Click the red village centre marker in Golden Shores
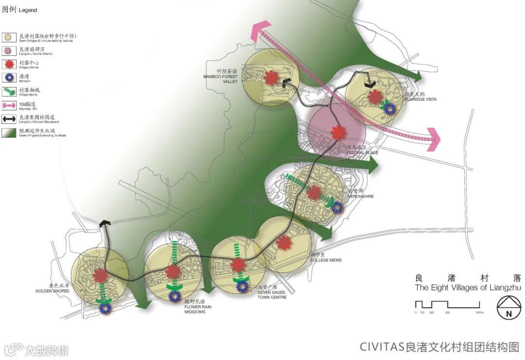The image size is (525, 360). pos(100,276)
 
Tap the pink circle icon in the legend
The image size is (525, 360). pos(8,50)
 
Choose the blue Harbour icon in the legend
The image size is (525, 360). pos(8,77)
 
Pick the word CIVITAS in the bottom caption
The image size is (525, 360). pos(382,346)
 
